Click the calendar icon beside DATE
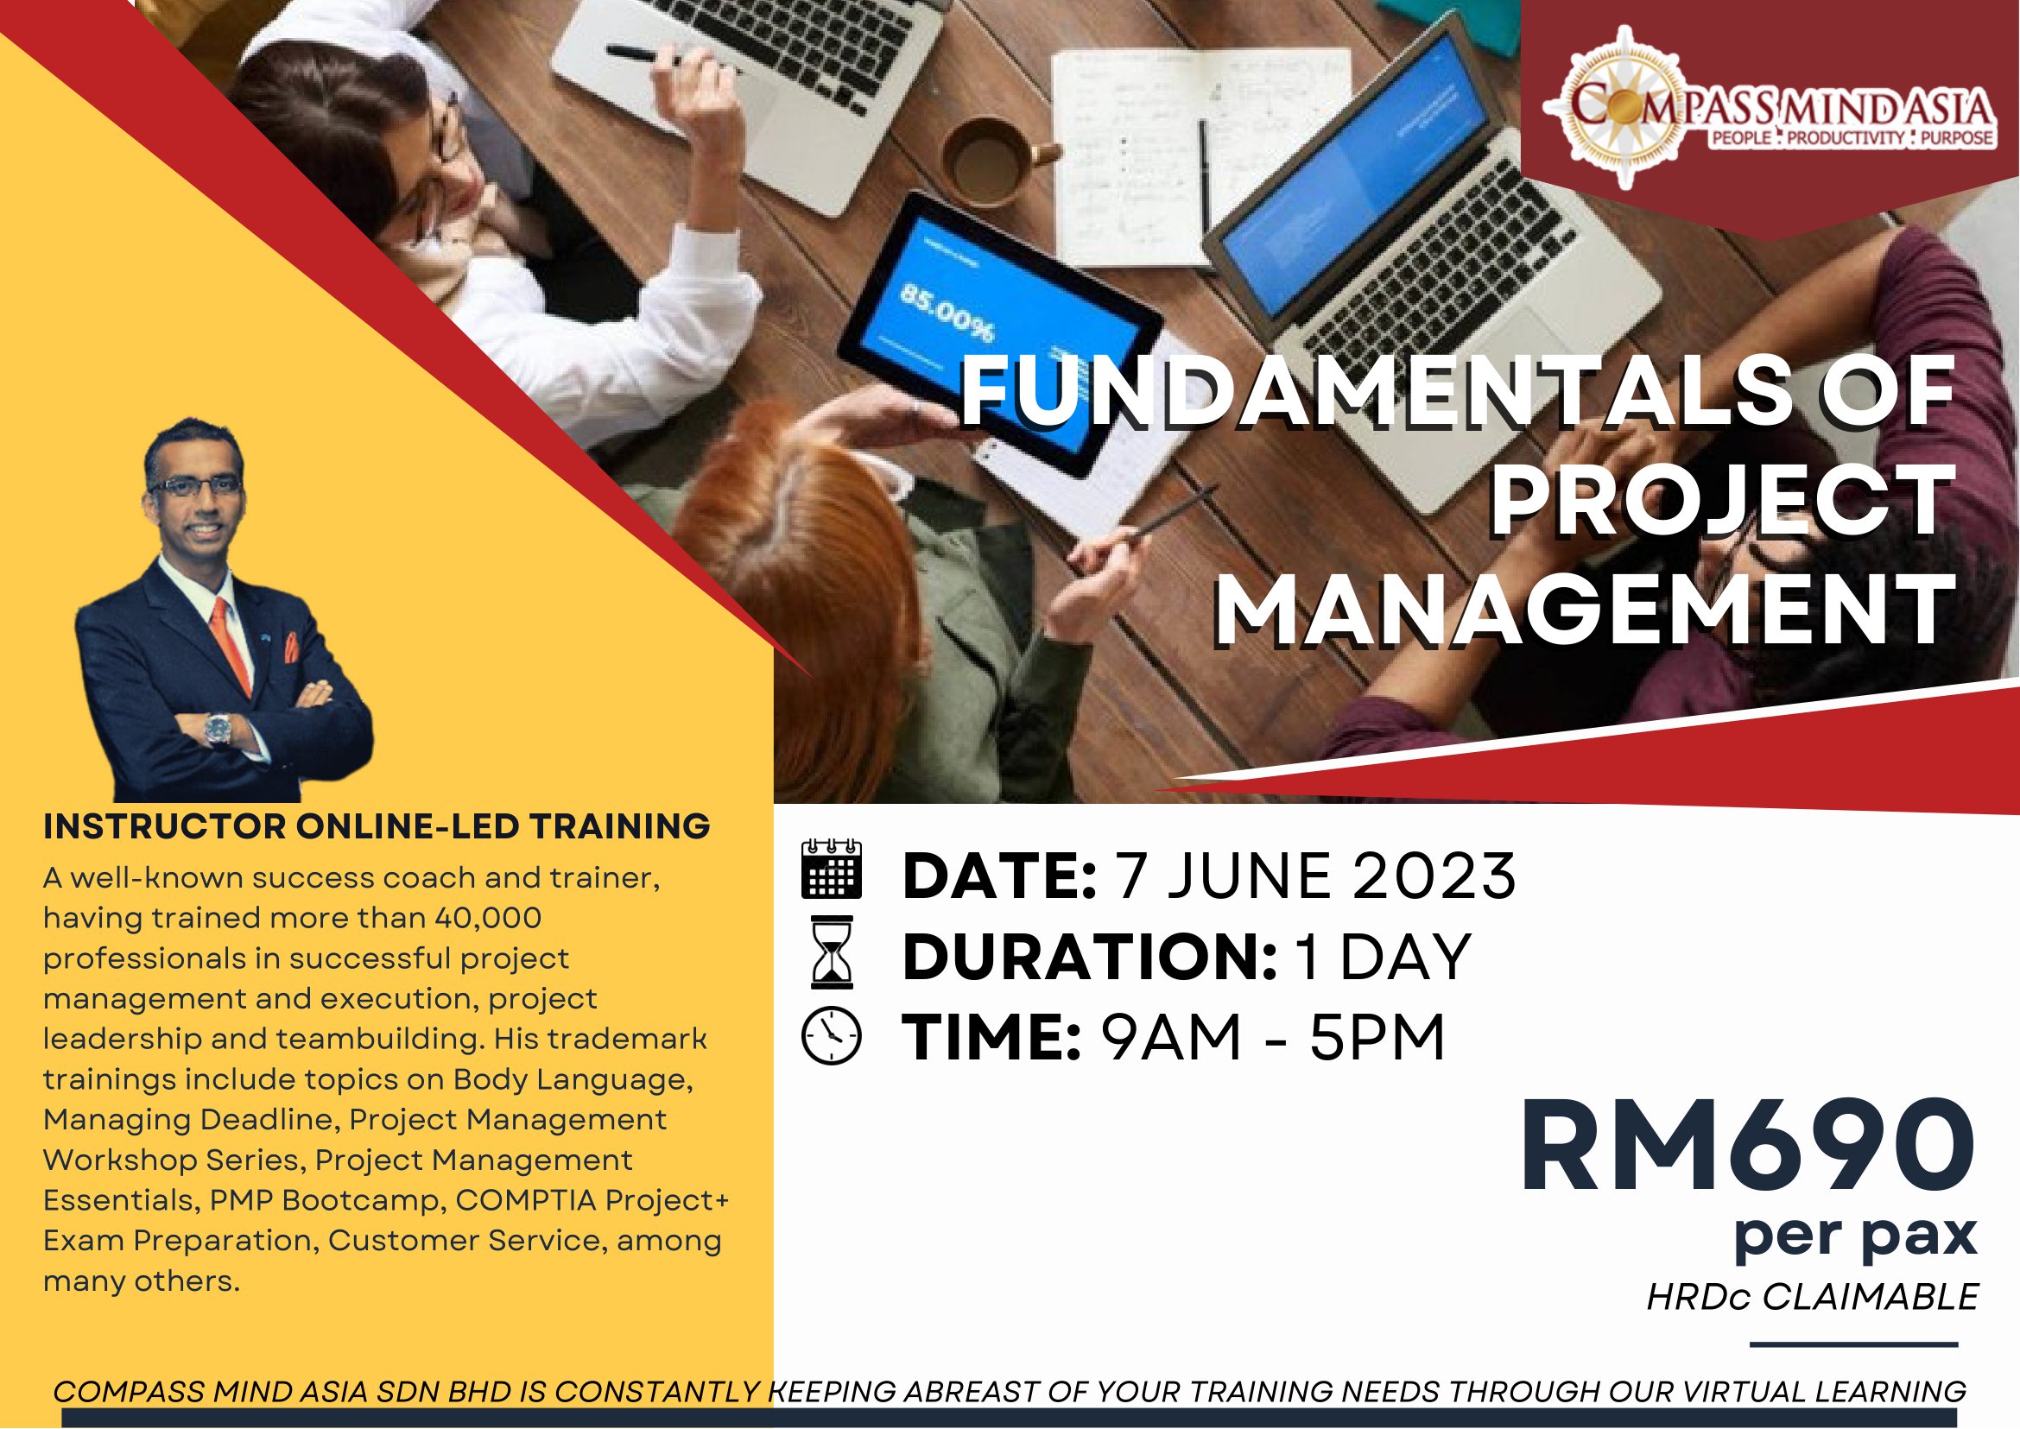point(831,869)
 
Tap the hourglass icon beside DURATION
point(832,952)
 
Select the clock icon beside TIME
point(832,1034)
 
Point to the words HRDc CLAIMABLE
point(1812,1297)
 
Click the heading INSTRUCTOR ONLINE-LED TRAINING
point(377,826)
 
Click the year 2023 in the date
point(1434,876)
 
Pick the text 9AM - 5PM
point(1273,1038)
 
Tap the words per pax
point(1855,1236)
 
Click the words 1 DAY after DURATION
point(1384,957)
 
